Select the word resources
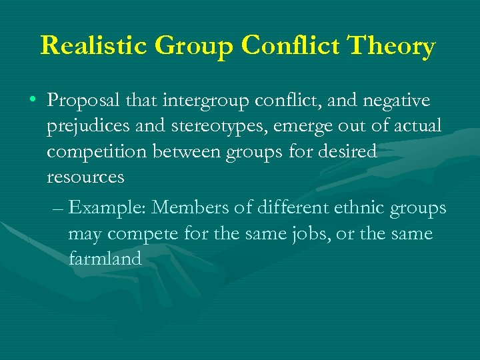(85, 177)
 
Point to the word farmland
(105, 259)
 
